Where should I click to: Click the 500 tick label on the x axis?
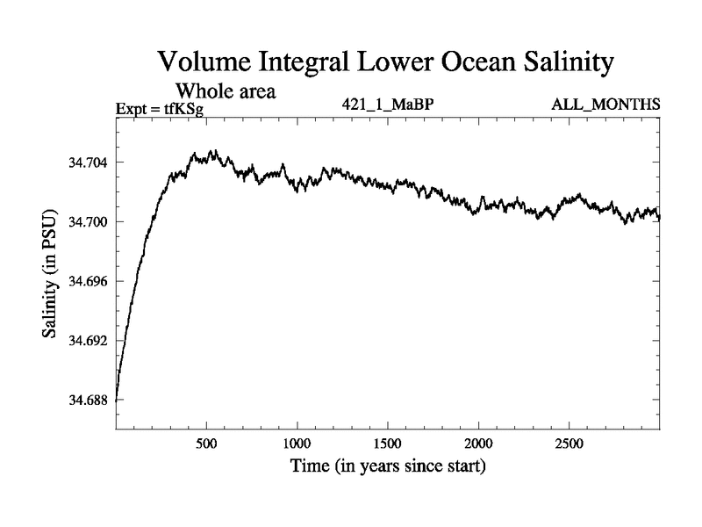point(206,442)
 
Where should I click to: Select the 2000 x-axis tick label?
point(479,442)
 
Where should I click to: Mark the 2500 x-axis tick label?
point(569,442)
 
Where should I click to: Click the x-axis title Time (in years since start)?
point(388,466)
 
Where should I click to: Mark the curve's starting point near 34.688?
point(117,400)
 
